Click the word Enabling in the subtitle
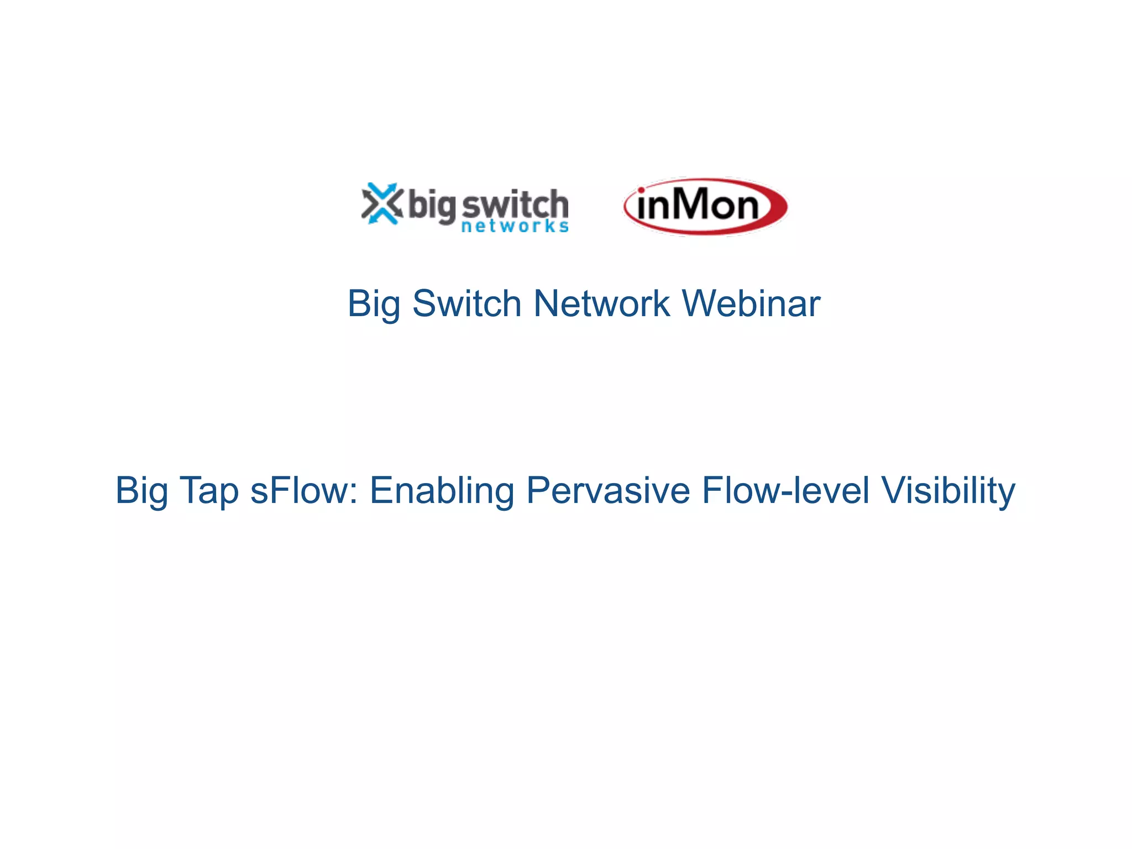(442, 491)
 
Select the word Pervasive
(608, 490)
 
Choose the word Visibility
(948, 491)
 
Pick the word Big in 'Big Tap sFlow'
(141, 491)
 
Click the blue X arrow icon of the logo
(381, 203)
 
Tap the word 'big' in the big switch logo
(432, 206)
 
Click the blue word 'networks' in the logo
(515, 226)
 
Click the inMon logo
(705, 206)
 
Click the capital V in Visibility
(894, 490)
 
